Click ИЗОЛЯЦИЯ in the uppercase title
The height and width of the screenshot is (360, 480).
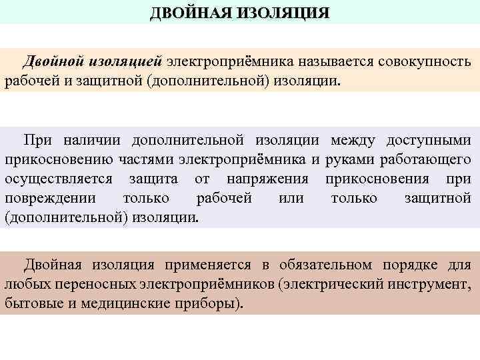tap(281, 13)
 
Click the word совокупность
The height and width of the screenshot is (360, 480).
tap(425, 61)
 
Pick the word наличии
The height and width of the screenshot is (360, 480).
tap(93, 140)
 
